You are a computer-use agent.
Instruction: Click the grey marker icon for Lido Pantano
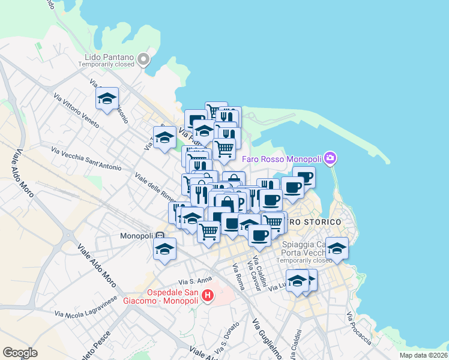[143, 59]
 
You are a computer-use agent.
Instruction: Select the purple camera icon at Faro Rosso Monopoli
[330, 159]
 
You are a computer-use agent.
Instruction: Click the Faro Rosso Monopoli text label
[281, 159]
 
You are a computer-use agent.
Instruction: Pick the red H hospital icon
[208, 295]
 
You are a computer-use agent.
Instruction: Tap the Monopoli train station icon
[160, 236]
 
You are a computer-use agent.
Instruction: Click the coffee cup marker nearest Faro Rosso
[305, 177]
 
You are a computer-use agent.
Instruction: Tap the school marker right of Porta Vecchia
[337, 248]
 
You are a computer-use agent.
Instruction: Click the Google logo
[20, 353]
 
